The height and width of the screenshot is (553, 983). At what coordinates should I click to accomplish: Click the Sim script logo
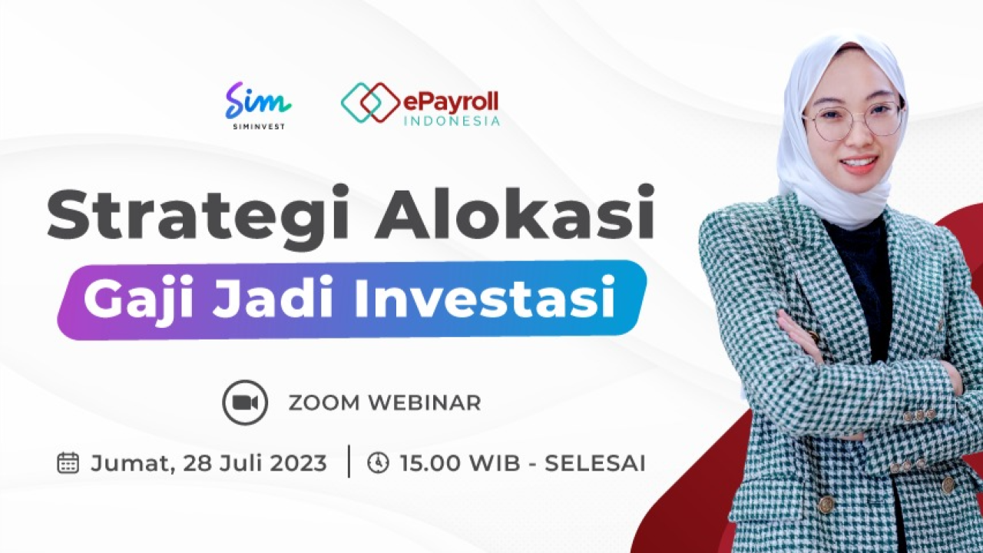tap(258, 101)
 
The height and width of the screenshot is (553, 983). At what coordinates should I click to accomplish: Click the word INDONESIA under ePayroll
tap(451, 121)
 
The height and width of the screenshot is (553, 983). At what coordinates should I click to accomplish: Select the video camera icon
tap(245, 402)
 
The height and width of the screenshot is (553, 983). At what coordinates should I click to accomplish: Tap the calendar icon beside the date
tap(68, 463)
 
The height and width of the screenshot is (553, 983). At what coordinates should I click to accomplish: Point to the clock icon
tap(378, 463)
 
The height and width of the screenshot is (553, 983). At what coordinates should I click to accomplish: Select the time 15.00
tap(429, 463)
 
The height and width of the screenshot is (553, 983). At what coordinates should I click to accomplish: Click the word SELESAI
tap(595, 463)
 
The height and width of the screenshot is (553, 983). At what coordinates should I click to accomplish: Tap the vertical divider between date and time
tap(349, 462)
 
